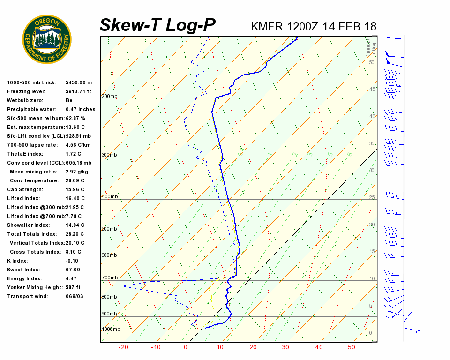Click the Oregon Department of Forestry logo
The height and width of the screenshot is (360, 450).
tap(47, 39)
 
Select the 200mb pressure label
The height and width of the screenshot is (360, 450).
tap(109, 97)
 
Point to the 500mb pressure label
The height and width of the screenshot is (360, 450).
tap(109, 229)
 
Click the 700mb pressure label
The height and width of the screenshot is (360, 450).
tap(109, 278)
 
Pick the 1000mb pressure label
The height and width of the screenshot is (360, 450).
tap(111, 330)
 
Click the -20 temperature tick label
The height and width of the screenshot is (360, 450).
tap(124, 347)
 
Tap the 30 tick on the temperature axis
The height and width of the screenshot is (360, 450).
tap(285, 347)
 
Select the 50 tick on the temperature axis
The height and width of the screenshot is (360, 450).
tap(352, 347)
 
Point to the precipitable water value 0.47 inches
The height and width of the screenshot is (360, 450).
tap(80, 109)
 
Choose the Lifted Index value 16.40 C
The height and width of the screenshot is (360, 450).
tap(75, 198)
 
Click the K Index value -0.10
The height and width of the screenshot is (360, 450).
tap(72, 261)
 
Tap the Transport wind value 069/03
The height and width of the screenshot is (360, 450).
tap(75, 296)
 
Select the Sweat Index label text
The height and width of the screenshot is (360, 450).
tap(24, 270)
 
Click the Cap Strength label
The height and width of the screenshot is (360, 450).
tap(25, 189)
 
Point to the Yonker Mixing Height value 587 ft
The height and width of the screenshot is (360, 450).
tap(73, 287)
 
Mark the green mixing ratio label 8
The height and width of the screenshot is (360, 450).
tap(350, 154)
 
